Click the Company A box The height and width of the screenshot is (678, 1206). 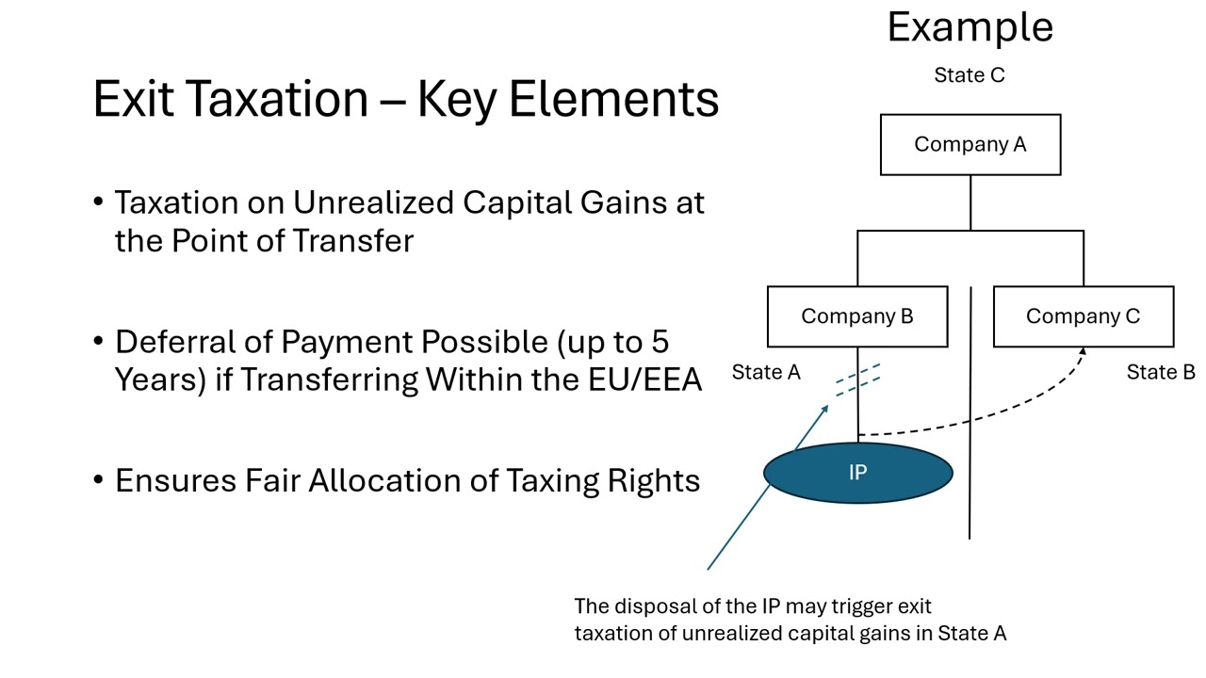(970, 145)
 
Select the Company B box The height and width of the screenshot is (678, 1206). (856, 316)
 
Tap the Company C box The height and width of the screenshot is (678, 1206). (1083, 316)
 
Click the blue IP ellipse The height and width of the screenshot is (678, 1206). (857, 473)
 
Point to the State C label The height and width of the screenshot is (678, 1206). (969, 75)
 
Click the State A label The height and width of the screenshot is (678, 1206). (766, 373)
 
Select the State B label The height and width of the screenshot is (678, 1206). (1161, 373)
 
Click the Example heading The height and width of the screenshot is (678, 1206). (970, 26)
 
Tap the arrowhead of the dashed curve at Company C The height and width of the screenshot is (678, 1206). (1083, 352)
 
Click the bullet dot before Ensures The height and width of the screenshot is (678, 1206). (99, 480)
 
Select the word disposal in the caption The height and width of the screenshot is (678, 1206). (655, 606)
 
